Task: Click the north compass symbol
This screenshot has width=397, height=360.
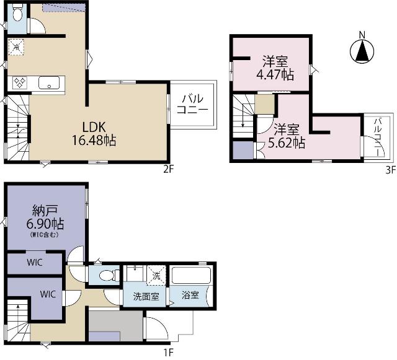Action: (x=362, y=51)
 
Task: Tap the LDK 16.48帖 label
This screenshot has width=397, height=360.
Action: (x=94, y=134)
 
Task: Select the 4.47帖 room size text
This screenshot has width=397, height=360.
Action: (x=275, y=75)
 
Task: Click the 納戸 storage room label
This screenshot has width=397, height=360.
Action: (x=45, y=211)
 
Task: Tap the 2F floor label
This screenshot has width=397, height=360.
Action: (x=169, y=170)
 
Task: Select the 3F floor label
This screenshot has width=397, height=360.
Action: (x=391, y=170)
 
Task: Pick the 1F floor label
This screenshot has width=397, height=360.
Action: (x=169, y=352)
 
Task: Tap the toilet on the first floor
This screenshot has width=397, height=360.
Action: (x=109, y=275)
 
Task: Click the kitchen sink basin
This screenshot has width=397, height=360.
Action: (x=49, y=83)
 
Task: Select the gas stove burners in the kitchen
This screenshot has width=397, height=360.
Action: (x=20, y=83)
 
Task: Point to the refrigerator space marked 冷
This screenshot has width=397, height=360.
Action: (x=16, y=47)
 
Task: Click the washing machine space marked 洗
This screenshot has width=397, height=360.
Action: (x=156, y=275)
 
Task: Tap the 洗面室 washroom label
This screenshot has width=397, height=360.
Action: (x=146, y=297)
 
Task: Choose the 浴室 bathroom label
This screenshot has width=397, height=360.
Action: (x=190, y=295)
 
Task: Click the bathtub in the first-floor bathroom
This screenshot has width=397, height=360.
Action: (x=191, y=275)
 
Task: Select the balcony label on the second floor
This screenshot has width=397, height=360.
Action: (x=193, y=104)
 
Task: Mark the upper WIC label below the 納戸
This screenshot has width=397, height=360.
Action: (x=35, y=262)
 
